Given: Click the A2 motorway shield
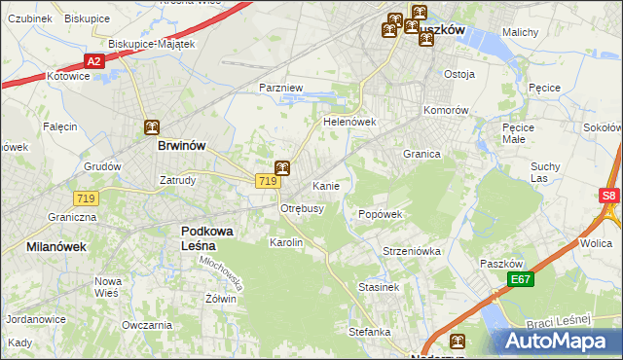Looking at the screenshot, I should click(92, 61).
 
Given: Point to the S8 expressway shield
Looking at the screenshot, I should click(609, 196).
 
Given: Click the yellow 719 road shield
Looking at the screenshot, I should click(269, 181).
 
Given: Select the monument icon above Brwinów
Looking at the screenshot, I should click(152, 127).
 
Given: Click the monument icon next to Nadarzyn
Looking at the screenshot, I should click(457, 342).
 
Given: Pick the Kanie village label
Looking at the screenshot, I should click(325, 185).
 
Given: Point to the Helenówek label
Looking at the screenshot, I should click(349, 123).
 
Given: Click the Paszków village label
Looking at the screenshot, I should click(502, 264).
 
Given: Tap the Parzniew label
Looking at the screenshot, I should click(281, 88).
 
